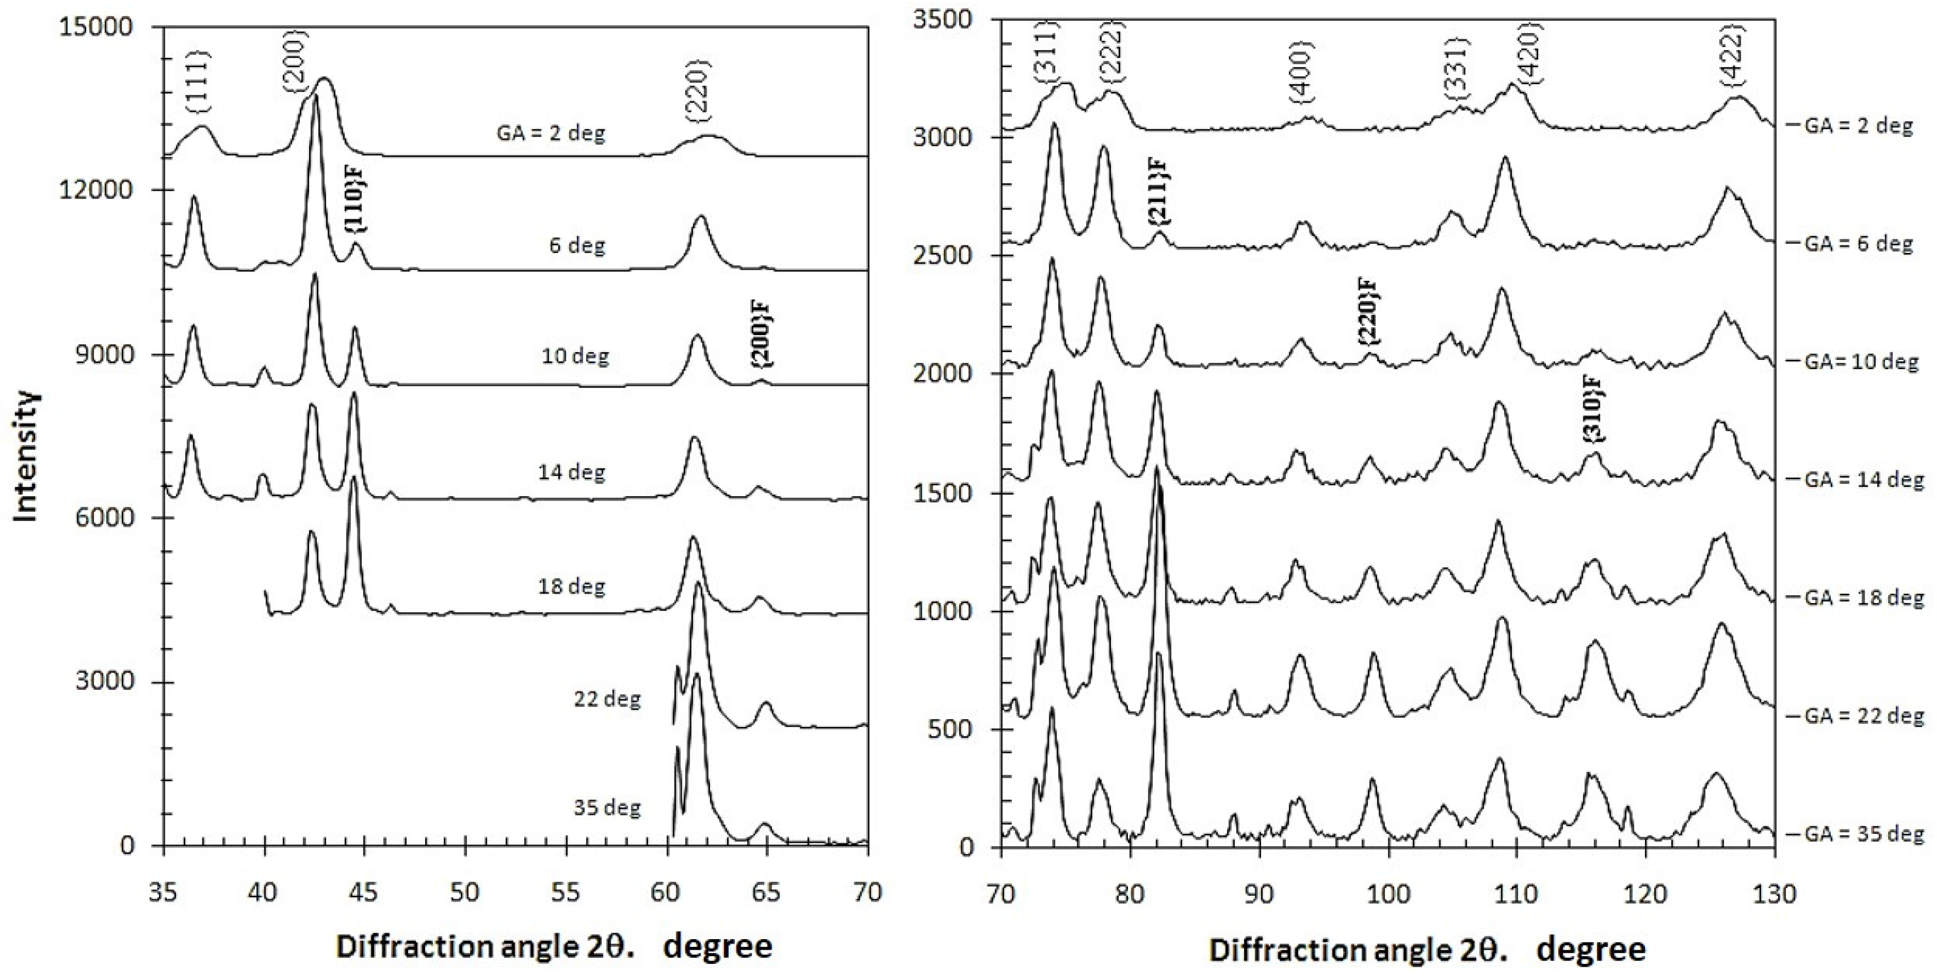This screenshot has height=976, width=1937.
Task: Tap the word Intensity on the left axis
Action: (27, 455)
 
